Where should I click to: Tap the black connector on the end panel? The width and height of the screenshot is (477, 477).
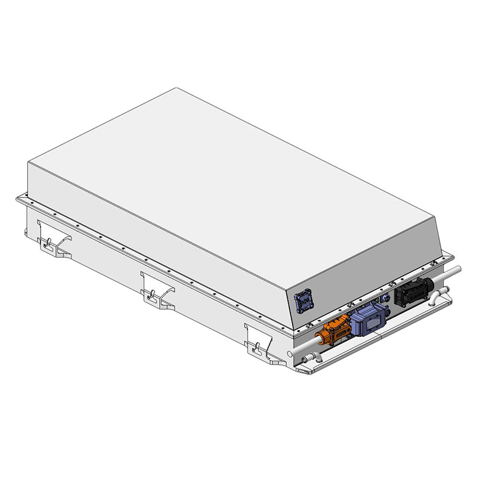tap(410, 291)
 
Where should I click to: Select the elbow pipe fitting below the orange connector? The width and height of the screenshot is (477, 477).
tap(306, 360)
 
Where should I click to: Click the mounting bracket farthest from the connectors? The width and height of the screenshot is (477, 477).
tap(54, 235)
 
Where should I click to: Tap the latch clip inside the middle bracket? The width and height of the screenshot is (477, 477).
tap(153, 293)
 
